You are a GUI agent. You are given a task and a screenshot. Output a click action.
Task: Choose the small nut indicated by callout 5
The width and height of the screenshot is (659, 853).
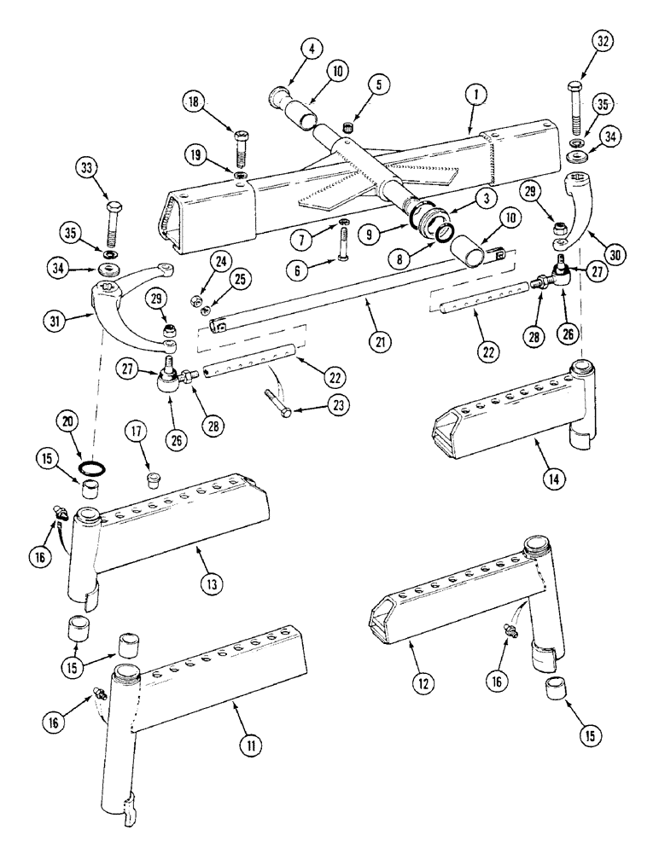tap(347, 128)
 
